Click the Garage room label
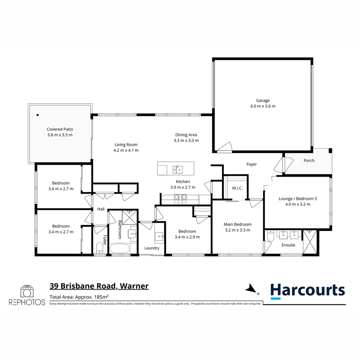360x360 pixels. (263, 100)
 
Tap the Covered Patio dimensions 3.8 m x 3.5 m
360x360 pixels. (60, 135)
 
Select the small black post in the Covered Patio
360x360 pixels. (38, 115)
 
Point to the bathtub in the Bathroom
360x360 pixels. (123, 249)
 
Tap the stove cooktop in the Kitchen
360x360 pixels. (181, 199)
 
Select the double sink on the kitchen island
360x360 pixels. (177, 169)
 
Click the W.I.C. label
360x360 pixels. (237, 188)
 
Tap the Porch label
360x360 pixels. (309, 160)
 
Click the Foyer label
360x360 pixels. (252, 164)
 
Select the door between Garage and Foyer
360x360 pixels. (224, 147)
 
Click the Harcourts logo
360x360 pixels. (307, 290)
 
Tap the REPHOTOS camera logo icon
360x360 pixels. (27, 291)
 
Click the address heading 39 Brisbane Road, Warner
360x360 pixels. (99, 286)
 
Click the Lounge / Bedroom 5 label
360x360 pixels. (298, 198)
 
